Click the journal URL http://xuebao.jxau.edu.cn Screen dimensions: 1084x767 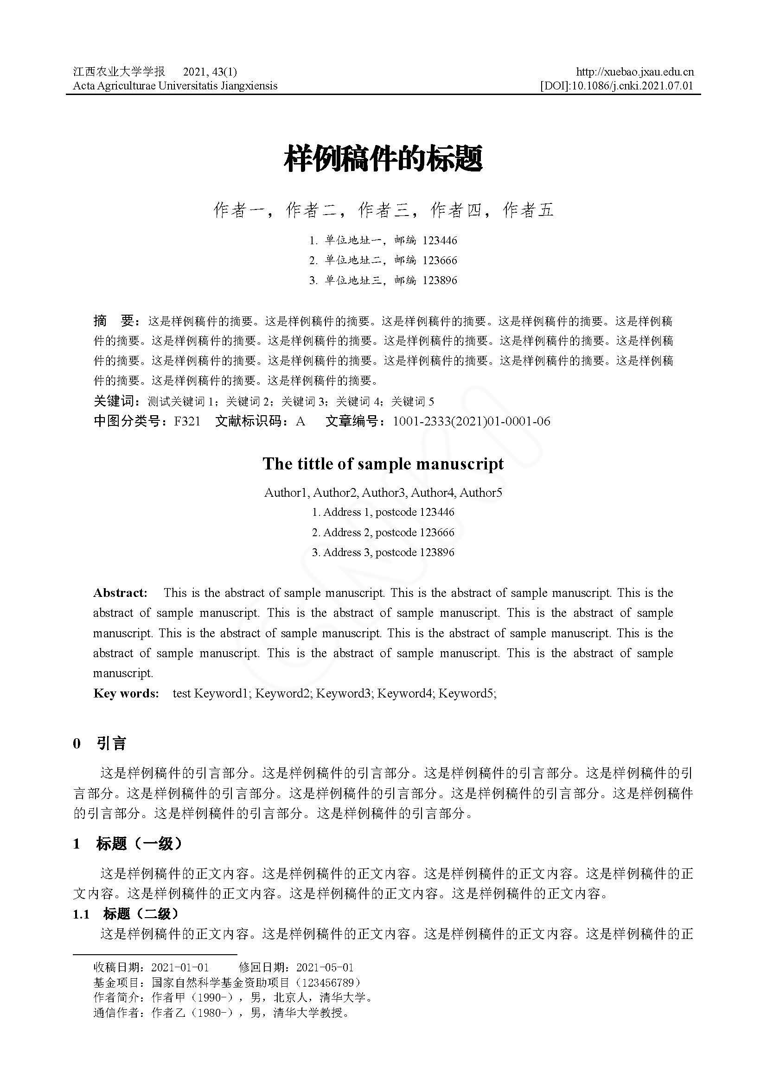click(635, 72)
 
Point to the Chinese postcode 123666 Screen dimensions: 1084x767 click(440, 260)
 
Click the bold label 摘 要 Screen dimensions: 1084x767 click(115, 322)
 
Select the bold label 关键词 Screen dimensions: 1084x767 click(114, 401)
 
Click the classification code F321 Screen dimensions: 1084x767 click(187, 421)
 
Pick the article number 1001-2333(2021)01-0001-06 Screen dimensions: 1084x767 click(471, 421)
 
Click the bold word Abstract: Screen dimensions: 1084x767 click(120, 593)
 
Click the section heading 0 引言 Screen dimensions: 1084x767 click(100, 744)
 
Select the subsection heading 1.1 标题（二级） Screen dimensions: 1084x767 click(126, 914)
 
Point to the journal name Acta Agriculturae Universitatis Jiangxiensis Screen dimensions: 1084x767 click(175, 85)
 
